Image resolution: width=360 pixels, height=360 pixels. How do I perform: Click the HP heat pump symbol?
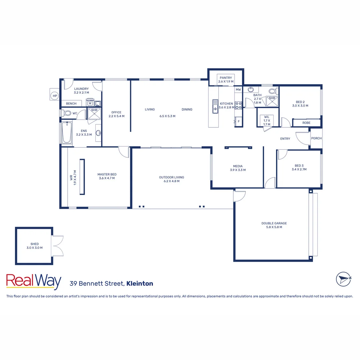coord(54,96)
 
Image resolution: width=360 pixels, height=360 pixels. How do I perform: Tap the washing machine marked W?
coord(90,103)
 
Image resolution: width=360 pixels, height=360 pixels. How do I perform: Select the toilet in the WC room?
coord(67,113)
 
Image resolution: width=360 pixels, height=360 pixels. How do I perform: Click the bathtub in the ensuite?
coord(67,133)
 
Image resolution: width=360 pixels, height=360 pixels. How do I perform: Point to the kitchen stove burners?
coord(238,105)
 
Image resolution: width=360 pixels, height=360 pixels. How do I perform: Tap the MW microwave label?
coord(238,90)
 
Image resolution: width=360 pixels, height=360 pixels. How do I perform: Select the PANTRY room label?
coord(226,78)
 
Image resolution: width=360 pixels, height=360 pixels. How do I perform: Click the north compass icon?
coord(343,279)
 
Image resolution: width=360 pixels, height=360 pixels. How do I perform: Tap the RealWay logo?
coord(34,282)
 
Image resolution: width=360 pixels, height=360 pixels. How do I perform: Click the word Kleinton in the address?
coord(140,284)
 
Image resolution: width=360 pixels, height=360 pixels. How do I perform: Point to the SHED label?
coord(34,244)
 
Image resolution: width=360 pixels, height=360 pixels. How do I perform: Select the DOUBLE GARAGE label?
coord(274,223)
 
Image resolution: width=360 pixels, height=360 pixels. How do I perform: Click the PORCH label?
coord(316,138)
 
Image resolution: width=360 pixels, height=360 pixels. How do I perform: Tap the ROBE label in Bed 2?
coord(306,123)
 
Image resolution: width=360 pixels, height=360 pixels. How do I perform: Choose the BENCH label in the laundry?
coord(71,104)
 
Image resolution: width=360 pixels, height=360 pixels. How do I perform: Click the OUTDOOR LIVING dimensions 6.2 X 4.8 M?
coord(171,181)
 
